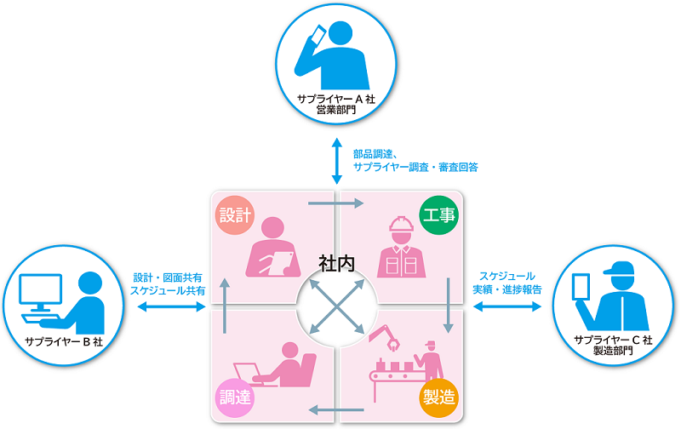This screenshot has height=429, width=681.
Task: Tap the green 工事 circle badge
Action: [x=440, y=213]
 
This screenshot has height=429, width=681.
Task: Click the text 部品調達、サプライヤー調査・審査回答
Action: [x=415, y=160]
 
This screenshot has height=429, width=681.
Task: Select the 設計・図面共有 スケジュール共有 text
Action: [x=168, y=283]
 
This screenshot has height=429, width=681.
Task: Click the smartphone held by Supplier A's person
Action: [x=316, y=35]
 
